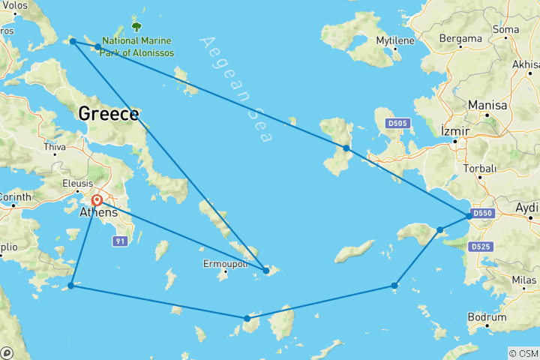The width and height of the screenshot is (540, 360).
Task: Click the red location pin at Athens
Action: [97, 200]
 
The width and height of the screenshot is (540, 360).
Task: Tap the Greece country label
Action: [108, 114]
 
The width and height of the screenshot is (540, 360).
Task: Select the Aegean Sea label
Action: [238, 88]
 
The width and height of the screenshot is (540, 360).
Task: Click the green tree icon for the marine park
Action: [136, 26]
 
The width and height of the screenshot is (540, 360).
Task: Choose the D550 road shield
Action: [484, 214]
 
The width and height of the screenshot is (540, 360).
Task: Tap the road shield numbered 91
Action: [119, 241]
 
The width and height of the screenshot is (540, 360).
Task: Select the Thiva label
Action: [56, 148]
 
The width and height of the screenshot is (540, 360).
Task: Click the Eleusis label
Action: [77, 184]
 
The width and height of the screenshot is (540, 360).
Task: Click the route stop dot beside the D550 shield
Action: [469, 216]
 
